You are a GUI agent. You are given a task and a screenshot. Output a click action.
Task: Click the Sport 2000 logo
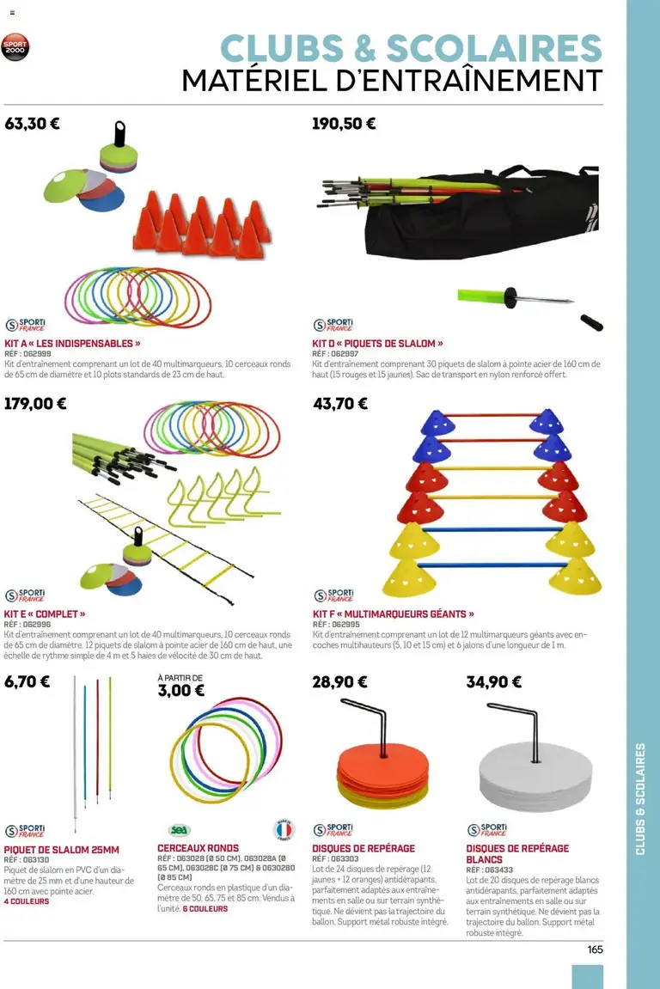(x=16, y=49)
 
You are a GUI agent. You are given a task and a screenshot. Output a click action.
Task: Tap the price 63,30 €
(x=32, y=123)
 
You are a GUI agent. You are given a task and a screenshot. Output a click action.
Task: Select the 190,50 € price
(x=344, y=123)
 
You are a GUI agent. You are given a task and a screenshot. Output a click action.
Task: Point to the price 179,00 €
(x=36, y=403)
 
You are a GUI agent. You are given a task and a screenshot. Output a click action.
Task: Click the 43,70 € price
(x=340, y=403)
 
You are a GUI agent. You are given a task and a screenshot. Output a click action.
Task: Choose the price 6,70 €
(x=27, y=682)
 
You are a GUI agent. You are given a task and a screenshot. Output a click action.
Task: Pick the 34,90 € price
(x=493, y=682)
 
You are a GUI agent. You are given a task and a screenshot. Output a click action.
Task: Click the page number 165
(x=595, y=949)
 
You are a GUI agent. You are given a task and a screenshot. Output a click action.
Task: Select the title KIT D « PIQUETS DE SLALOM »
(x=377, y=343)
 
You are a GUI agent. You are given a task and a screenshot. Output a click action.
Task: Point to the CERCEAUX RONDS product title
(x=198, y=848)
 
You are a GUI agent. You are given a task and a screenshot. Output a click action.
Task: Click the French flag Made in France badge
(x=283, y=830)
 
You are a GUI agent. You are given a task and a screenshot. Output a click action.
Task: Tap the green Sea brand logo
(x=180, y=830)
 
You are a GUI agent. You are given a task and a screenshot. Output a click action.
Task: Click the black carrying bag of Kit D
(x=481, y=215)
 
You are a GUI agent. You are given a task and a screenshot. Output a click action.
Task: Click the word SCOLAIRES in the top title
(x=494, y=48)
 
